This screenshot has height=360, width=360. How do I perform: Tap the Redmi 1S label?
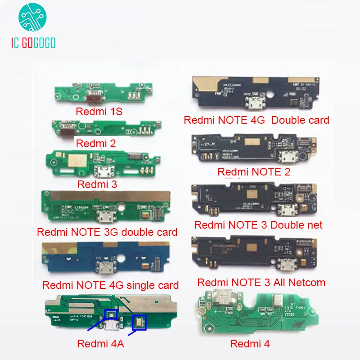tap(99, 112)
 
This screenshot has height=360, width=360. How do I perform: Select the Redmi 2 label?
tap(96, 144)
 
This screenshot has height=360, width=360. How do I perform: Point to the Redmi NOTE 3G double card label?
tap(107, 232)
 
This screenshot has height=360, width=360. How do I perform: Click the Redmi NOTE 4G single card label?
tap(110, 285)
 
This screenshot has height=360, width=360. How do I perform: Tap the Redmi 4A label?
tap(100, 344)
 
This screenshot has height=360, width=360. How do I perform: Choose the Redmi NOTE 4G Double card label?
tap(256, 120)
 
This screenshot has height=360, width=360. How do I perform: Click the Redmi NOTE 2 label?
tap(254, 171)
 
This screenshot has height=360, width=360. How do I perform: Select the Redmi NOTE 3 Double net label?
tap(258, 224)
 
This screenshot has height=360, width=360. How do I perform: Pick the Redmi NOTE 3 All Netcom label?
tap(261, 283)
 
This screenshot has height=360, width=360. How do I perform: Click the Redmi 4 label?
tap(249, 344)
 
